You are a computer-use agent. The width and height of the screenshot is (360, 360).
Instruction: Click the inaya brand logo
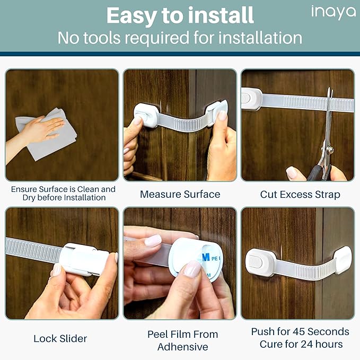[333, 12]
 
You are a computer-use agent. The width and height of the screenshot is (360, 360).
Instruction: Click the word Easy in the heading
[130, 16]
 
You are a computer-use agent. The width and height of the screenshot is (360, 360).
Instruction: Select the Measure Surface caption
[180, 195]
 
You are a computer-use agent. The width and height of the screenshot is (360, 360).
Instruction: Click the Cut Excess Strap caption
[300, 195]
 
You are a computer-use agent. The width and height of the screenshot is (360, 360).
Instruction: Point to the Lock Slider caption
[60, 338]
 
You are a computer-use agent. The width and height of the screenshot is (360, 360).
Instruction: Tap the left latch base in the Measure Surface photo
[145, 115]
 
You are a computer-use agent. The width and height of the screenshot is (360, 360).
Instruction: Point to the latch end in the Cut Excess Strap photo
[251, 99]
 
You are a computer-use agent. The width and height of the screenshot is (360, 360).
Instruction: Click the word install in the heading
[217, 16]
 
